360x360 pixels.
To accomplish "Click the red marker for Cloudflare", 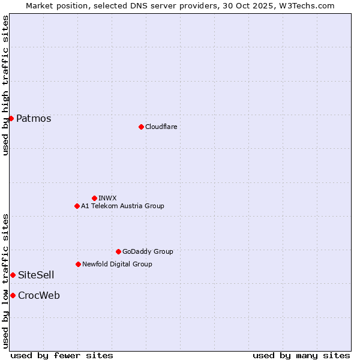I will (141, 127).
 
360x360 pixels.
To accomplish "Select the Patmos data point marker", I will (11, 118).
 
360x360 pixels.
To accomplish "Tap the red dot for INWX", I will (94, 198).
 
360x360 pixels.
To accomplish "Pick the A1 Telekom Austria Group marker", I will (77, 206).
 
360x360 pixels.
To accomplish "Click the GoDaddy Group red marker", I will (118, 251).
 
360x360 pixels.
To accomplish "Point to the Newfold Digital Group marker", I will (78, 264).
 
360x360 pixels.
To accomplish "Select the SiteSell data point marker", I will (13, 275).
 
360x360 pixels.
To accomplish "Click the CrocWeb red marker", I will (13, 295).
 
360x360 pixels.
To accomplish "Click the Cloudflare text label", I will (161, 127).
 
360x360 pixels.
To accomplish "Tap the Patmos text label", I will (34, 118).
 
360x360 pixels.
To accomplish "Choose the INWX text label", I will (107, 198).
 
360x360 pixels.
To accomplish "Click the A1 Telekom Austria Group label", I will (122, 206).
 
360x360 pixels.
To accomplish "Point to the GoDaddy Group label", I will (148, 251).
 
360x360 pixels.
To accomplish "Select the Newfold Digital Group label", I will (117, 264).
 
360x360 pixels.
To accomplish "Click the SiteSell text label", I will (36, 275).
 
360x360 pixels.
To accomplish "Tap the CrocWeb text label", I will (39, 295).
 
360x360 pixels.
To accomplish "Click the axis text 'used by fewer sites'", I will (62, 355).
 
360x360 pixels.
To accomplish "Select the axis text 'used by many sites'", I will (301, 355).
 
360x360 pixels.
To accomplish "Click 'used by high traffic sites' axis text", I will (5, 85).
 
